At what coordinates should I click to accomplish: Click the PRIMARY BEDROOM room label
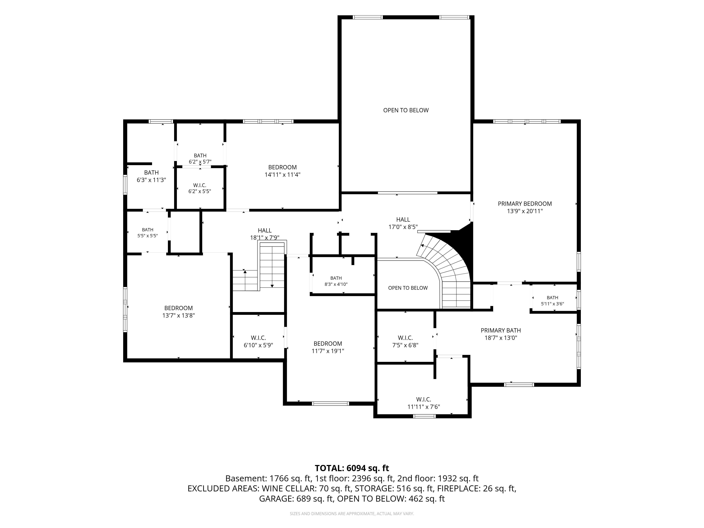click(525, 204)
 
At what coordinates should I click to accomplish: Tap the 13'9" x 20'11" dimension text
click(525, 211)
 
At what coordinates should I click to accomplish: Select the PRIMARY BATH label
click(501, 330)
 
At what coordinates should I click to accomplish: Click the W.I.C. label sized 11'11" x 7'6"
click(424, 399)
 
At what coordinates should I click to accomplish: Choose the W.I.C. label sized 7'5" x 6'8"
click(405, 338)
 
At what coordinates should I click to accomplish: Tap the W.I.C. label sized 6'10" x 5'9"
click(258, 338)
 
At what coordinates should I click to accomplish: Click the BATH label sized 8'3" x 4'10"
click(336, 278)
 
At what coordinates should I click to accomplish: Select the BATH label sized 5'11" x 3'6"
click(552, 298)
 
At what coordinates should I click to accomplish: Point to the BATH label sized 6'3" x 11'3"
click(152, 172)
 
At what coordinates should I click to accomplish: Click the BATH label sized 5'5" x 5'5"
click(148, 230)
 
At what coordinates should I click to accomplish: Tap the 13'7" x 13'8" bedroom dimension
click(178, 315)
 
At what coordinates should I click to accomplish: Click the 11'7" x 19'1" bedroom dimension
click(328, 351)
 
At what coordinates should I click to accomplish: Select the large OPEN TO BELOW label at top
click(406, 110)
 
